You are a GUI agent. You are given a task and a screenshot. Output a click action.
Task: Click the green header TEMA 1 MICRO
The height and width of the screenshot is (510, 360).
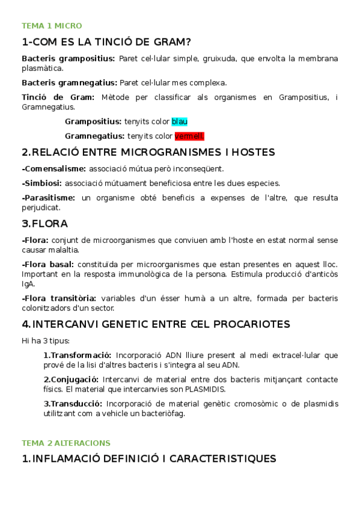pyautogui.click(x=52, y=26)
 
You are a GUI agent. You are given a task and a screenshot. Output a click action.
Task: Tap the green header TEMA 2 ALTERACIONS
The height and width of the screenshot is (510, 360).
pyautogui.click(x=66, y=443)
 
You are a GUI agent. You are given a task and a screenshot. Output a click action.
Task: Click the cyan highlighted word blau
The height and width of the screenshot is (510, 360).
pyautogui.click(x=180, y=121)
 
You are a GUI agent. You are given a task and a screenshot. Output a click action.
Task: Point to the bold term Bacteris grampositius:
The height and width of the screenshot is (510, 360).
pyautogui.click(x=68, y=58)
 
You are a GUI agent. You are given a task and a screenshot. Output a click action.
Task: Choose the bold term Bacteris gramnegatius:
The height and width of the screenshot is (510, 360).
pyautogui.click(x=69, y=82)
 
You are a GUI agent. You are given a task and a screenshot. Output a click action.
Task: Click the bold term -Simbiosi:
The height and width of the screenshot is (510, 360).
pyautogui.click(x=41, y=183)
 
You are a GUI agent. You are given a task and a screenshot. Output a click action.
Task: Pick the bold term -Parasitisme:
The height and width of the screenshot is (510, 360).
pyautogui.click(x=48, y=197)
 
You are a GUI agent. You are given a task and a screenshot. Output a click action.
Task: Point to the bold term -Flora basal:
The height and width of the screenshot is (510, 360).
pyautogui.click(x=47, y=264)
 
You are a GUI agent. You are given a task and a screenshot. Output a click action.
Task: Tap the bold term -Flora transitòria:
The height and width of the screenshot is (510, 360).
pyautogui.click(x=58, y=298)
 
